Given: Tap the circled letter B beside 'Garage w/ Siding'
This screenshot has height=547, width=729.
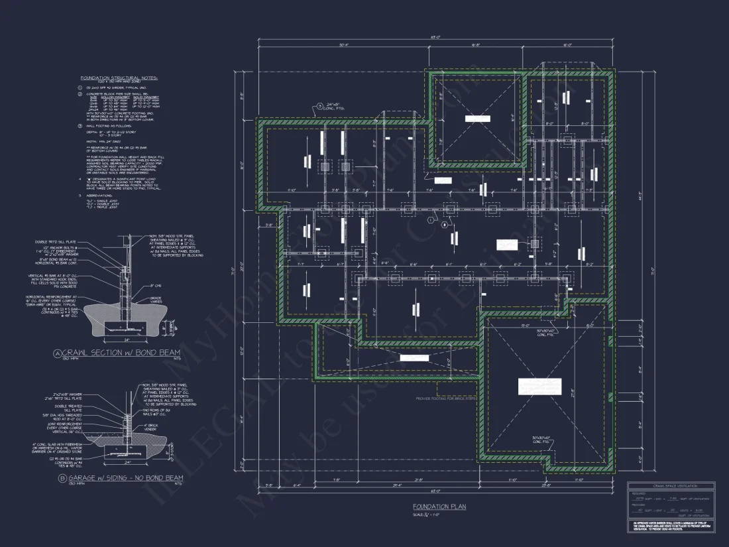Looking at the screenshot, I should point(62,477).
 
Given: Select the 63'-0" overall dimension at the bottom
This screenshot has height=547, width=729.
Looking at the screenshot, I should point(435,491).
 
